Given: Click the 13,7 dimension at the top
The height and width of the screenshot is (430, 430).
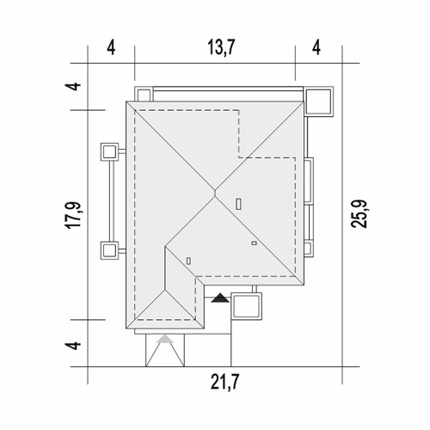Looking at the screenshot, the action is tap(221, 47).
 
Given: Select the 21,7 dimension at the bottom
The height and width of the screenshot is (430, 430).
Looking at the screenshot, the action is tap(224, 382).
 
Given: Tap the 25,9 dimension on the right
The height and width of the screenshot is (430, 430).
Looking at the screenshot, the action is tap(359, 214).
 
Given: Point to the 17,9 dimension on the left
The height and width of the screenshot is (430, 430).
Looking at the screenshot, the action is tap(73, 215).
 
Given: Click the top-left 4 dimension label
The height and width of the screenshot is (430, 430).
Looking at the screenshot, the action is tap(111, 47).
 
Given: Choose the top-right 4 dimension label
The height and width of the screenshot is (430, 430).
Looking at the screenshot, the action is tap(316, 47).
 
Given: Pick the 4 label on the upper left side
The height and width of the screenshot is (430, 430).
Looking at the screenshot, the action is tap(73, 86).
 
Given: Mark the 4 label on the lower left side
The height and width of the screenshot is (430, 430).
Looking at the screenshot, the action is tap(73, 346).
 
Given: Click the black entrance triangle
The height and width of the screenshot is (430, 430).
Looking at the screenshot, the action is tap(220, 298).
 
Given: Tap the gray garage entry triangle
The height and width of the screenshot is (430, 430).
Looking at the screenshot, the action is tap(165, 339).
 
